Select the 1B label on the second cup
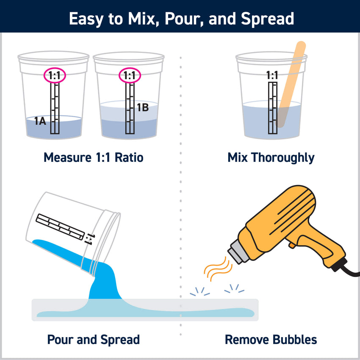click(x=142, y=108)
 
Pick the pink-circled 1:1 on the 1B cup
click(x=129, y=75)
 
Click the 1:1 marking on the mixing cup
click(x=272, y=75)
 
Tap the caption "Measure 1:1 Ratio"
click(x=93, y=158)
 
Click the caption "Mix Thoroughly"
click(x=271, y=158)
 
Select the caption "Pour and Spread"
click(x=93, y=340)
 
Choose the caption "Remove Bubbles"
click(x=271, y=340)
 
